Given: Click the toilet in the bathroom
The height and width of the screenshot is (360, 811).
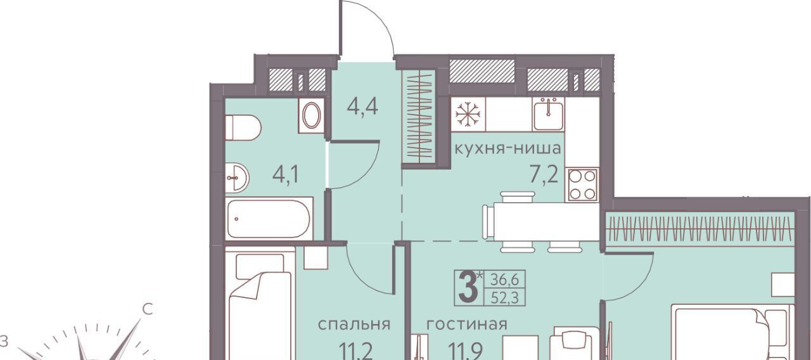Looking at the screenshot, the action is coord(243,128).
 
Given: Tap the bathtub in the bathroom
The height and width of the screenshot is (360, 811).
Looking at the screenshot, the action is coord(269,219).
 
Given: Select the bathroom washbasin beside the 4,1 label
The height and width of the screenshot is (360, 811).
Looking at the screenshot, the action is coord(237,177).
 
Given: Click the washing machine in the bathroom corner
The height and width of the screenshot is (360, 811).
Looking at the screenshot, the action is coord(311,115).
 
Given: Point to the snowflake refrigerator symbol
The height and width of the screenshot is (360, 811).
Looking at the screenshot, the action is coord(468,114).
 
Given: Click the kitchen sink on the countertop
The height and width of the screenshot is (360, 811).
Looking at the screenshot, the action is coord(548,113).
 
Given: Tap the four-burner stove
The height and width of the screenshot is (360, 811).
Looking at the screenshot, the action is coord(582,184).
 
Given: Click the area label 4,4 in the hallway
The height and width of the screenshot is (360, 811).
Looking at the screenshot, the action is coord(362,107).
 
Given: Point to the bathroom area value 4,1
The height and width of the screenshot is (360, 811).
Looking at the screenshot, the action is coord(286,176).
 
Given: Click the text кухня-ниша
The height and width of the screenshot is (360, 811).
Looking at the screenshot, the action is coord(508,148).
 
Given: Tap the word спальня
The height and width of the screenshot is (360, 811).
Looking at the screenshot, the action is coord(354,325).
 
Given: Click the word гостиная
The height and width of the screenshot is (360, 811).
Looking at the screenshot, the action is coord(467,325).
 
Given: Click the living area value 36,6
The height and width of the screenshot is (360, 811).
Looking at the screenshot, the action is coord(505,280).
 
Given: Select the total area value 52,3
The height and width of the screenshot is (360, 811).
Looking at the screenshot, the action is coord(505,298).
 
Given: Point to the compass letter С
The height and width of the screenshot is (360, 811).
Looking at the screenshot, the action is coord(148,309).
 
